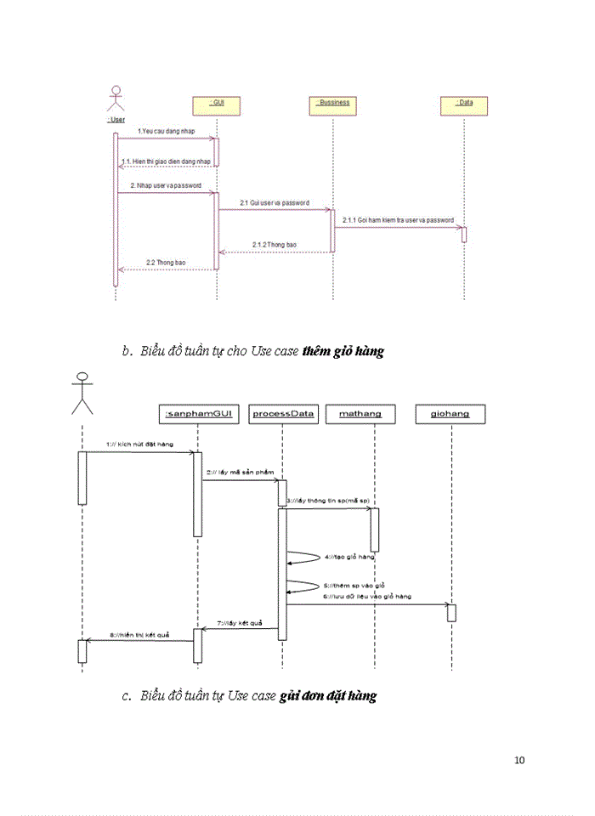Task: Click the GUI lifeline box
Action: point(217,103)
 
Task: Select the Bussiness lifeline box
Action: point(332,103)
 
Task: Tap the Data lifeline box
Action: point(464,103)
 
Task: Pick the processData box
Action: point(283,414)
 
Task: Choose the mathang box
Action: point(360,414)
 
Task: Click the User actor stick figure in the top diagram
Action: point(116,100)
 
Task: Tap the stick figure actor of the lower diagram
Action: point(82,394)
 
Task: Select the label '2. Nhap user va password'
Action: point(166,184)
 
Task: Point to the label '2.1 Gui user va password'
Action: point(274,203)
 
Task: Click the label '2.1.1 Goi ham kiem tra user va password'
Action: point(398,220)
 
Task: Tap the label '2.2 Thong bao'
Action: point(166,263)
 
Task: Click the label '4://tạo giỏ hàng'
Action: point(349,557)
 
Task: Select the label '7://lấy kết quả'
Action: point(240,623)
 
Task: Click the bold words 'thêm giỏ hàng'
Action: point(343,350)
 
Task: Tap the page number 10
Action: point(519,759)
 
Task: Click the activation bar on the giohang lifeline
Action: point(451,612)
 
